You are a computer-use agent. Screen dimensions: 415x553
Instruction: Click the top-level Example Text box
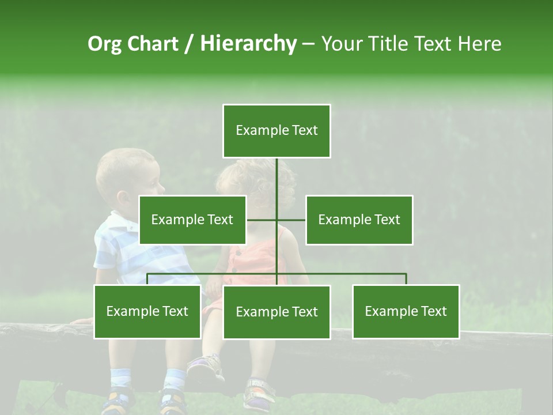[x=276, y=131]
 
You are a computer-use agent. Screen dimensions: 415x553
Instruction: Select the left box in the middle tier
[x=192, y=220]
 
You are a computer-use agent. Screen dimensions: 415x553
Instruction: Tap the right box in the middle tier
[x=359, y=220]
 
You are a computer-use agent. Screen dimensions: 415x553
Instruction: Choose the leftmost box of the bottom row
[x=147, y=311]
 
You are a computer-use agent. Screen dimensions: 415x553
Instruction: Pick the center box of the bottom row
[x=276, y=312]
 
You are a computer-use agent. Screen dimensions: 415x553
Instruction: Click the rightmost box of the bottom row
[x=406, y=311]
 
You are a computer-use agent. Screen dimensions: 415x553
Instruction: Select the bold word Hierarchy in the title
[x=248, y=44]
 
